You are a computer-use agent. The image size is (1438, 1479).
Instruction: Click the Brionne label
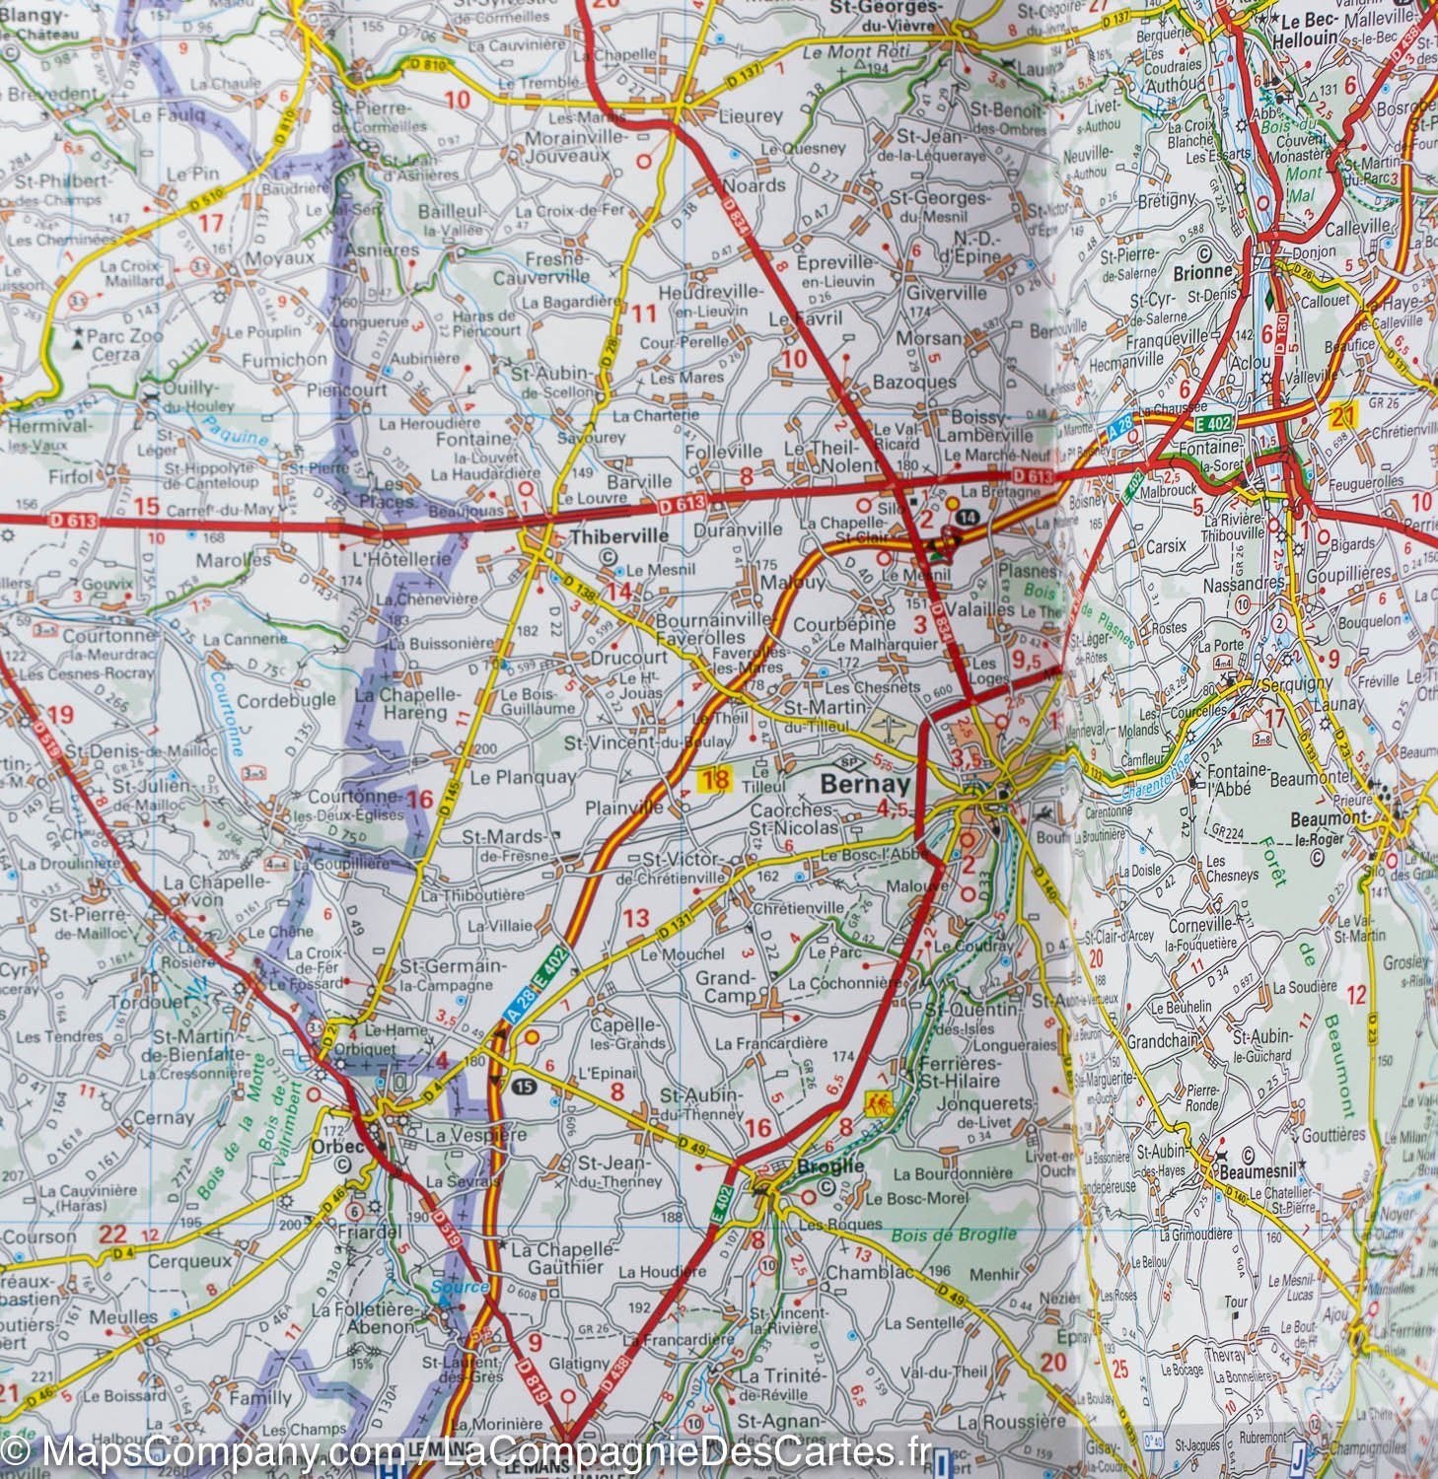pos(1202,270)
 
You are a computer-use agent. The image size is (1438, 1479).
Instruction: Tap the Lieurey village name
pos(750,116)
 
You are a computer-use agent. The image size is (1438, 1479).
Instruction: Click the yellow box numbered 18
pos(714,781)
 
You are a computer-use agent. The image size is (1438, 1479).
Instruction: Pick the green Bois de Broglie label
pos(953,1235)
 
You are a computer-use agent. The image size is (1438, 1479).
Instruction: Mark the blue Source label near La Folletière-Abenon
pos(460,1288)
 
